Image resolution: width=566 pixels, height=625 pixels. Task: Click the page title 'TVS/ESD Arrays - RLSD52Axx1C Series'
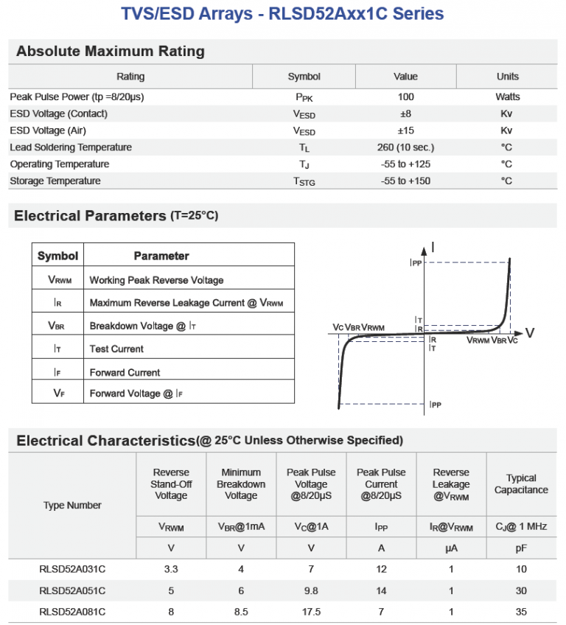point(283,14)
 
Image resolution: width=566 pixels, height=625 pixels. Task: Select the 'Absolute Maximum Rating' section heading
point(111,52)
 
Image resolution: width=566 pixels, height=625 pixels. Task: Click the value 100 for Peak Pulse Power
point(405,97)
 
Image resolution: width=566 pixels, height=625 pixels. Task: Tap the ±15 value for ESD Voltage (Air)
point(405,130)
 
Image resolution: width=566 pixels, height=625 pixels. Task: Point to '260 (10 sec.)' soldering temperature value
point(405,147)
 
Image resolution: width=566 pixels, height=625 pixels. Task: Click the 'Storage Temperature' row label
point(55,181)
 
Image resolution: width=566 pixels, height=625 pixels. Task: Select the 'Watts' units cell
point(507,97)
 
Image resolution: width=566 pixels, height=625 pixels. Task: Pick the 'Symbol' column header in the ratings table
point(304,77)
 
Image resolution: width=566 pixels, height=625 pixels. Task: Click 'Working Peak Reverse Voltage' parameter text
point(156,280)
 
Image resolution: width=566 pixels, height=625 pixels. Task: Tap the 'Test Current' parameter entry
point(116,349)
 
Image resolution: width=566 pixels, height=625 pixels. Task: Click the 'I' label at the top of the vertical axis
point(433,248)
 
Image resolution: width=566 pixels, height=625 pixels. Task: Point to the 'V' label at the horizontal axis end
point(529,333)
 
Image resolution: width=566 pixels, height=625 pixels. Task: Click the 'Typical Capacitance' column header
point(521,484)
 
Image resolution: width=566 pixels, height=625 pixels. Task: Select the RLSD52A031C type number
point(72,569)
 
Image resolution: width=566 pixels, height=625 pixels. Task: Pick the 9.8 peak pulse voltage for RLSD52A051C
point(311,590)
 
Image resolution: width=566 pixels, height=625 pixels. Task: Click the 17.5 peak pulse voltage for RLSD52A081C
point(311,612)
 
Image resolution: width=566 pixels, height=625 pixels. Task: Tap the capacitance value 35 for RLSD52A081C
point(521,612)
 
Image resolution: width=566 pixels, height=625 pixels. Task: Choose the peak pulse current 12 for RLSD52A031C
point(381,569)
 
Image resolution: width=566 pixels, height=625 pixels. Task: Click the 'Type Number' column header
point(72,506)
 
